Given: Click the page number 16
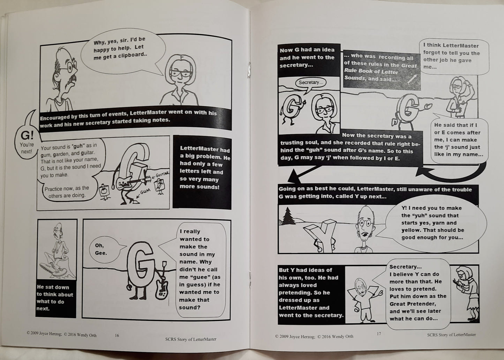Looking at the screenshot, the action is point(117,336).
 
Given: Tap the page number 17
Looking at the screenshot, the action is point(379,333).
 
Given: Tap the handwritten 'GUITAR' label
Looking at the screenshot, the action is point(162,175).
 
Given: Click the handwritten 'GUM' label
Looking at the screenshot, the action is point(145,192).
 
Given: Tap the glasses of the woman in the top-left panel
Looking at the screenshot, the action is point(181,73).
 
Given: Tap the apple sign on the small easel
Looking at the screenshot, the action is point(104,190).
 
